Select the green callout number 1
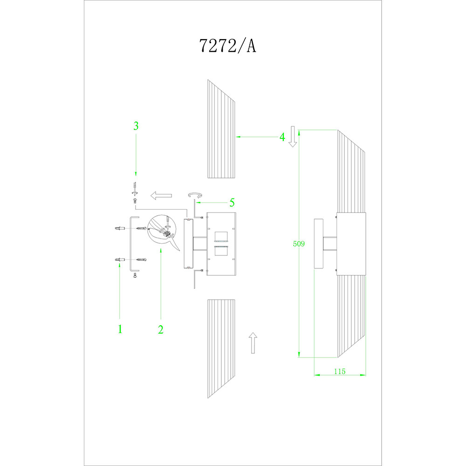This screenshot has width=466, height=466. [x=120, y=329]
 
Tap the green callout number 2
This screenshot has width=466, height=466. [x=161, y=329]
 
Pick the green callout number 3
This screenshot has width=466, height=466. [x=136, y=126]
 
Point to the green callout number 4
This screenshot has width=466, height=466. [x=282, y=137]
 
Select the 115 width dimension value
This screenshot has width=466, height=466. [x=340, y=371]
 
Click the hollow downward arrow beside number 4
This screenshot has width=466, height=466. [x=293, y=137]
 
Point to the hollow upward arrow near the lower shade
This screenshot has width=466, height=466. [x=252, y=343]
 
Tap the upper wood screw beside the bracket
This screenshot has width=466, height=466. [x=141, y=228]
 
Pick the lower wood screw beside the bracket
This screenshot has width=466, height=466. [x=141, y=259]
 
